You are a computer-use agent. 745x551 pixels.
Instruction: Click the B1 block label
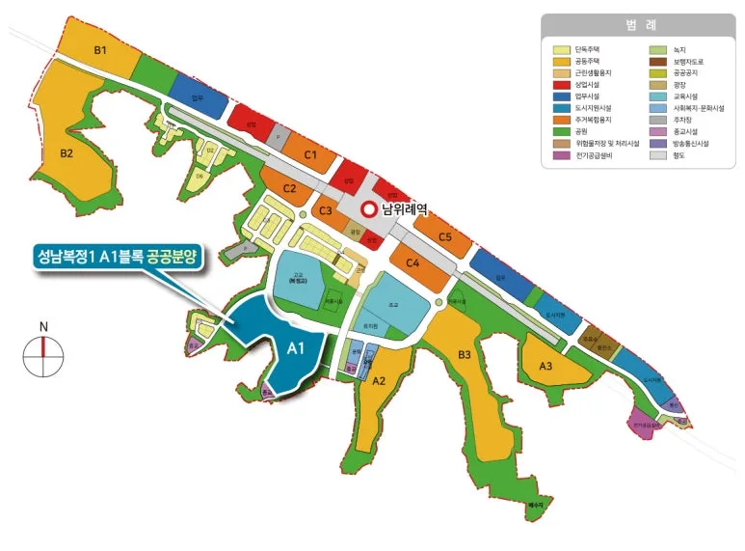click(100, 49)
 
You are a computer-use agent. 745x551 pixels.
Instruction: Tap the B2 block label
click(67, 152)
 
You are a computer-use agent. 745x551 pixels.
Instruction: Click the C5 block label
click(444, 236)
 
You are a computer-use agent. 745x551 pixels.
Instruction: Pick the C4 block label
click(412, 262)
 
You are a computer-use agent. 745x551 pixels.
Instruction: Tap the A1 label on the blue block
click(297, 349)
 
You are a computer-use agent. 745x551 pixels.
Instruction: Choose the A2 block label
click(378, 380)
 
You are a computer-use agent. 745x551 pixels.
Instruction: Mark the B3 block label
click(465, 355)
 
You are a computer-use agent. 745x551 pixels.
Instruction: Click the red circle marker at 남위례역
click(367, 210)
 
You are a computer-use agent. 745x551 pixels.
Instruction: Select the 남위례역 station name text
click(406, 210)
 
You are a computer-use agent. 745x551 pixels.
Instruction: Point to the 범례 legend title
click(637, 24)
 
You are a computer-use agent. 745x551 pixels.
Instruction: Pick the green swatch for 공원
click(560, 131)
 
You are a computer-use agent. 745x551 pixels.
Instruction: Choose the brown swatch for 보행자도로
click(657, 61)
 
